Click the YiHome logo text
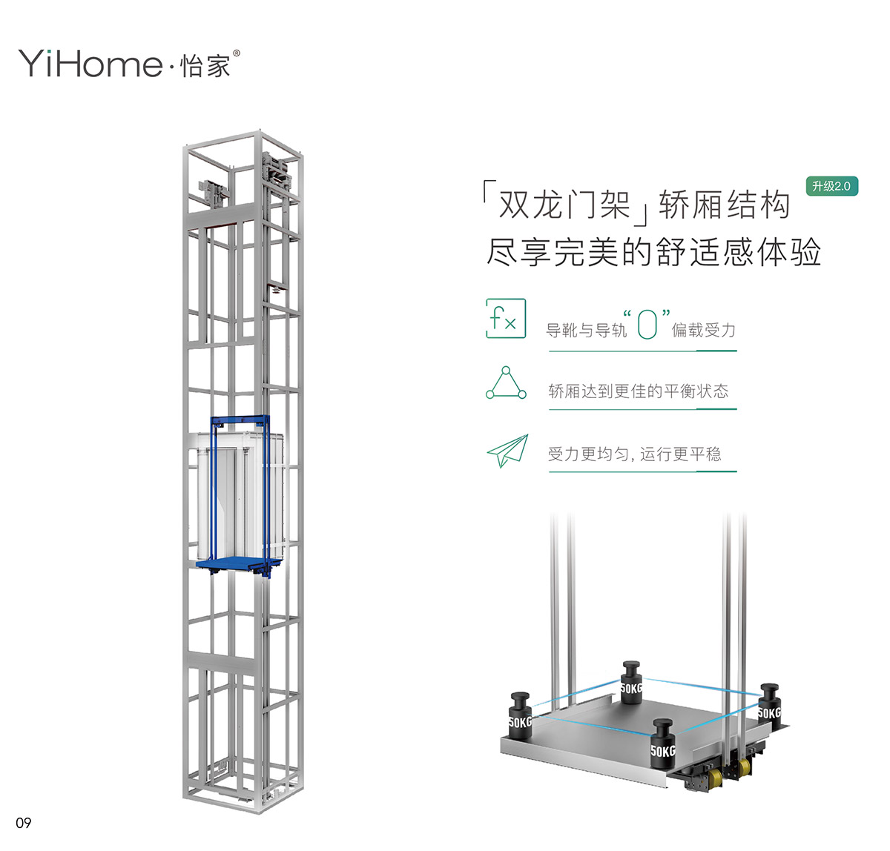90,64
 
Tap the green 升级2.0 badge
831,186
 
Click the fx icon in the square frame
506,318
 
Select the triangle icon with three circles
506,383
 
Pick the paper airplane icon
507,451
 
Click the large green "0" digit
647,324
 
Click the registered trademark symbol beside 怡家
237,53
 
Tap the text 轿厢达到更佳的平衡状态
638,391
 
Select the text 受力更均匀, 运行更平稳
634,454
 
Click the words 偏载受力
703,330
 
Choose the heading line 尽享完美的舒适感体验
653,251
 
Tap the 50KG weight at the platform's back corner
631,682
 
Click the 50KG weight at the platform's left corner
520,716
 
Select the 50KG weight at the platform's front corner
663,744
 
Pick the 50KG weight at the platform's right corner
769,706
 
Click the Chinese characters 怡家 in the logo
205,66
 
